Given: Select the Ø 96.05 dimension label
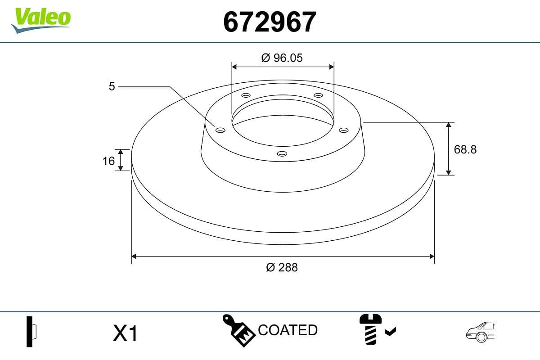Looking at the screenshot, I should (282, 58).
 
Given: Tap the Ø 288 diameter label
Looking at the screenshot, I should (282, 267).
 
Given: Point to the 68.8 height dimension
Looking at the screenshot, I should (465, 149).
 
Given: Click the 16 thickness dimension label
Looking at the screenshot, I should (108, 160).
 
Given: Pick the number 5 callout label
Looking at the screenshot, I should (112, 86).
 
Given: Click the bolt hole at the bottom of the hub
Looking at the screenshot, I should (282, 154).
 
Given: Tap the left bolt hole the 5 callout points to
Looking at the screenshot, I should (220, 130).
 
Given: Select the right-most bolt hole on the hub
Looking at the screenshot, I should (344, 130).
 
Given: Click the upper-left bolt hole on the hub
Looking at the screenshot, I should (246, 95).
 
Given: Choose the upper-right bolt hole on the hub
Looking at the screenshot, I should (319, 95).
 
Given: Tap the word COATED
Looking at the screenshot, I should (288, 330).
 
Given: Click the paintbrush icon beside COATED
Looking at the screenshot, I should (239, 331).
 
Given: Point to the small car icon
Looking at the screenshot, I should (481, 332).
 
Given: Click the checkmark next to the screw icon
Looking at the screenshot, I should (390, 332).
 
